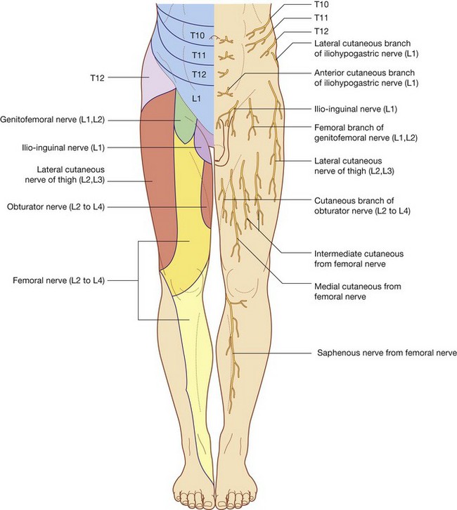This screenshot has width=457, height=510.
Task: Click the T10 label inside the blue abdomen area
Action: [197, 35]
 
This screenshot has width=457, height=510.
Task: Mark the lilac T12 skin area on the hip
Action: [158, 84]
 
